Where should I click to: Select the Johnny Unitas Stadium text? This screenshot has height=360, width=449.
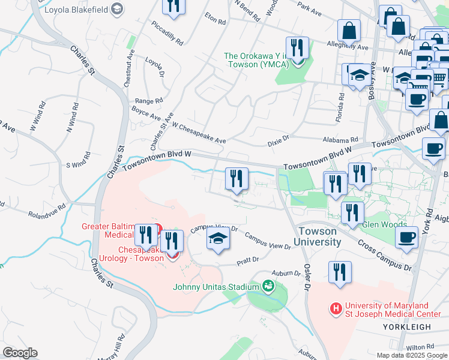point(215,287)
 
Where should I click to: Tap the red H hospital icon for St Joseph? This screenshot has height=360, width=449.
point(336,308)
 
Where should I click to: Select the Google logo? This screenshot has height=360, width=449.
point(20,353)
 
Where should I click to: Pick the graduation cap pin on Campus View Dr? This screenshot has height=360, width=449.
point(218,238)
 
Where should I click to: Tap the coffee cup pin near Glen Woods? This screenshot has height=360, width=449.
point(406,236)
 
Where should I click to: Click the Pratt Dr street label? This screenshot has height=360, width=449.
point(247,260)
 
